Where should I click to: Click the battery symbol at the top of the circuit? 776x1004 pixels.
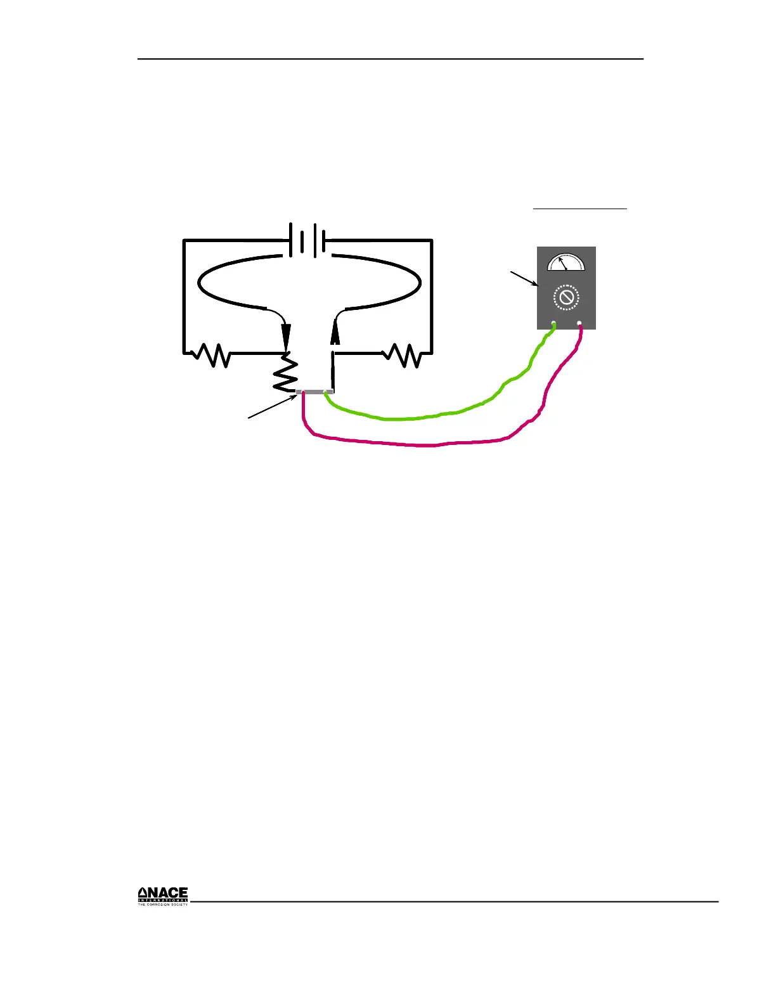coord(307,240)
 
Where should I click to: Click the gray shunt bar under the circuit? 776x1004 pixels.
coord(314,392)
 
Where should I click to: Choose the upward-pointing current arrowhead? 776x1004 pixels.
coord(335,331)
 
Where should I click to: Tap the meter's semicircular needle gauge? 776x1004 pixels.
coord(566,262)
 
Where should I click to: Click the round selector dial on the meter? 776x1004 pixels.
coord(566,298)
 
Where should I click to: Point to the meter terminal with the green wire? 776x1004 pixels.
coord(553,324)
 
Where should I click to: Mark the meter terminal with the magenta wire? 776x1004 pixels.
coord(579,324)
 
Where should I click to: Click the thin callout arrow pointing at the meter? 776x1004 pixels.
coord(524,280)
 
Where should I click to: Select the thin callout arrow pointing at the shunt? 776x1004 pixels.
coord(271,406)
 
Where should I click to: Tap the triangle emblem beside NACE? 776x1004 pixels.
coord(143,894)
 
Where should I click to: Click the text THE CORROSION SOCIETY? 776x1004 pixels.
coord(163,904)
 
